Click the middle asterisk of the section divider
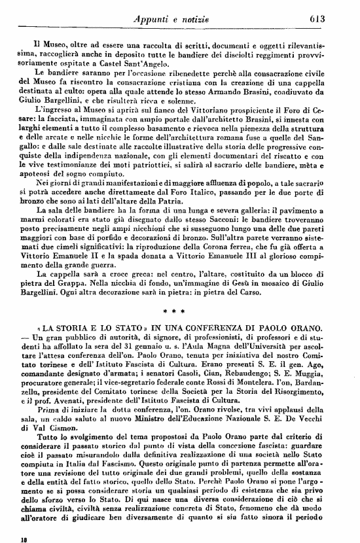point(179,322)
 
